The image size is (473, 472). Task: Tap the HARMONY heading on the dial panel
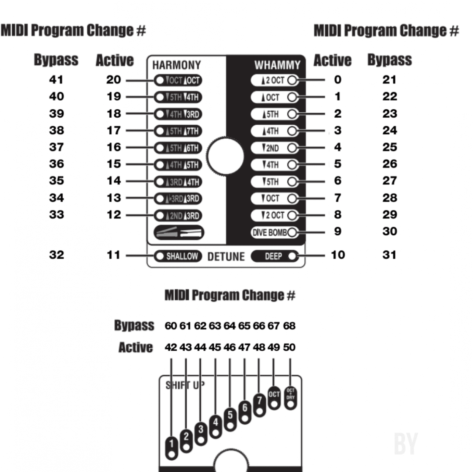(x=177, y=65)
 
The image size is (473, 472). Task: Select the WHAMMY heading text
(x=277, y=65)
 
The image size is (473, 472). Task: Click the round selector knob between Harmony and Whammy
(x=225, y=156)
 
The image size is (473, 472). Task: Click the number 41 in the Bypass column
(x=56, y=80)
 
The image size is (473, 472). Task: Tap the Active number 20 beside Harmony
(x=113, y=80)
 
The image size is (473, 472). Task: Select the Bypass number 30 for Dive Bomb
(x=390, y=231)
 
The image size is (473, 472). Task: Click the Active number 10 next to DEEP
(x=338, y=255)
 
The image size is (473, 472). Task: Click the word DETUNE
(x=226, y=257)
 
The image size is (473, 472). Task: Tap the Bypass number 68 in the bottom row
(x=289, y=326)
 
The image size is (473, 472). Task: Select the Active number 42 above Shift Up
(x=171, y=347)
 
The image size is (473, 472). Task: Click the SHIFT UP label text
(x=185, y=385)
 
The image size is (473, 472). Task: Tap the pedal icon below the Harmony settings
(x=179, y=232)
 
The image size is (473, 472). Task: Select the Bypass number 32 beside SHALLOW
(x=56, y=255)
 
